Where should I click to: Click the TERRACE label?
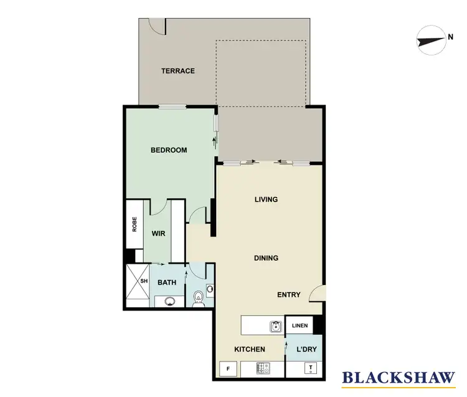coord(178,71)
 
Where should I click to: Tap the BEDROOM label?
coord(169,150)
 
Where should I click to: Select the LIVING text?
coord(266,200)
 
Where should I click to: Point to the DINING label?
coord(266,258)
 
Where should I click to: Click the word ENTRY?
coord(289,295)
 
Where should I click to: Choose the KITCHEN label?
coord(249,350)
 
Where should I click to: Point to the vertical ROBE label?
coord(134,224)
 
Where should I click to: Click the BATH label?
coord(166,282)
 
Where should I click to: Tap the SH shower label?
coord(144,281)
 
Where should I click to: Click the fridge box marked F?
coord(228,369)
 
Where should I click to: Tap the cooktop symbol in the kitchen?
coord(262,369)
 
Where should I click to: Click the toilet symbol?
coord(198,299)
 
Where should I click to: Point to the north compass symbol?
coord(430,39)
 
